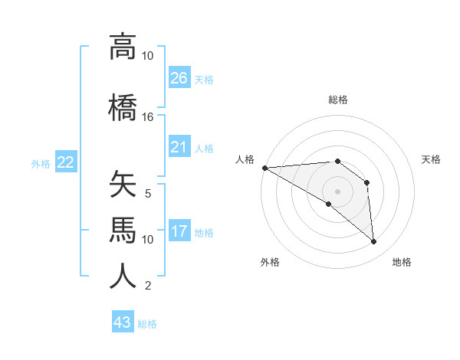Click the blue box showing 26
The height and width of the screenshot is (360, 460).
(179, 78)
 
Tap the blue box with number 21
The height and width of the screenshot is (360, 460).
(179, 147)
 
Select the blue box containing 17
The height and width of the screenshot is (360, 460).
(179, 231)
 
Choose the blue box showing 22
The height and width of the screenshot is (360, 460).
(66, 162)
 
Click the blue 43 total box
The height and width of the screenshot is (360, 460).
(123, 322)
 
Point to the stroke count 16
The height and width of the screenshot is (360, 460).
(147, 117)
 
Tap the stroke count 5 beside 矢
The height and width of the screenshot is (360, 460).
(147, 194)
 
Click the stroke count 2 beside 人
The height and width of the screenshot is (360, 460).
(147, 286)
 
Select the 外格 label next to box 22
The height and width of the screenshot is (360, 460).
(41, 163)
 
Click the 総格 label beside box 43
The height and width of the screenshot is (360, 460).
(147, 323)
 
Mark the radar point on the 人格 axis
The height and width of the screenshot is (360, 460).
(264, 168)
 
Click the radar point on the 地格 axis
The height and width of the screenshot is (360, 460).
(374, 242)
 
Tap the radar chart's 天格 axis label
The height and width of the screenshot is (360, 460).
(431, 159)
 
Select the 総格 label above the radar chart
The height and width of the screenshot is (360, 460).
(337, 100)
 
